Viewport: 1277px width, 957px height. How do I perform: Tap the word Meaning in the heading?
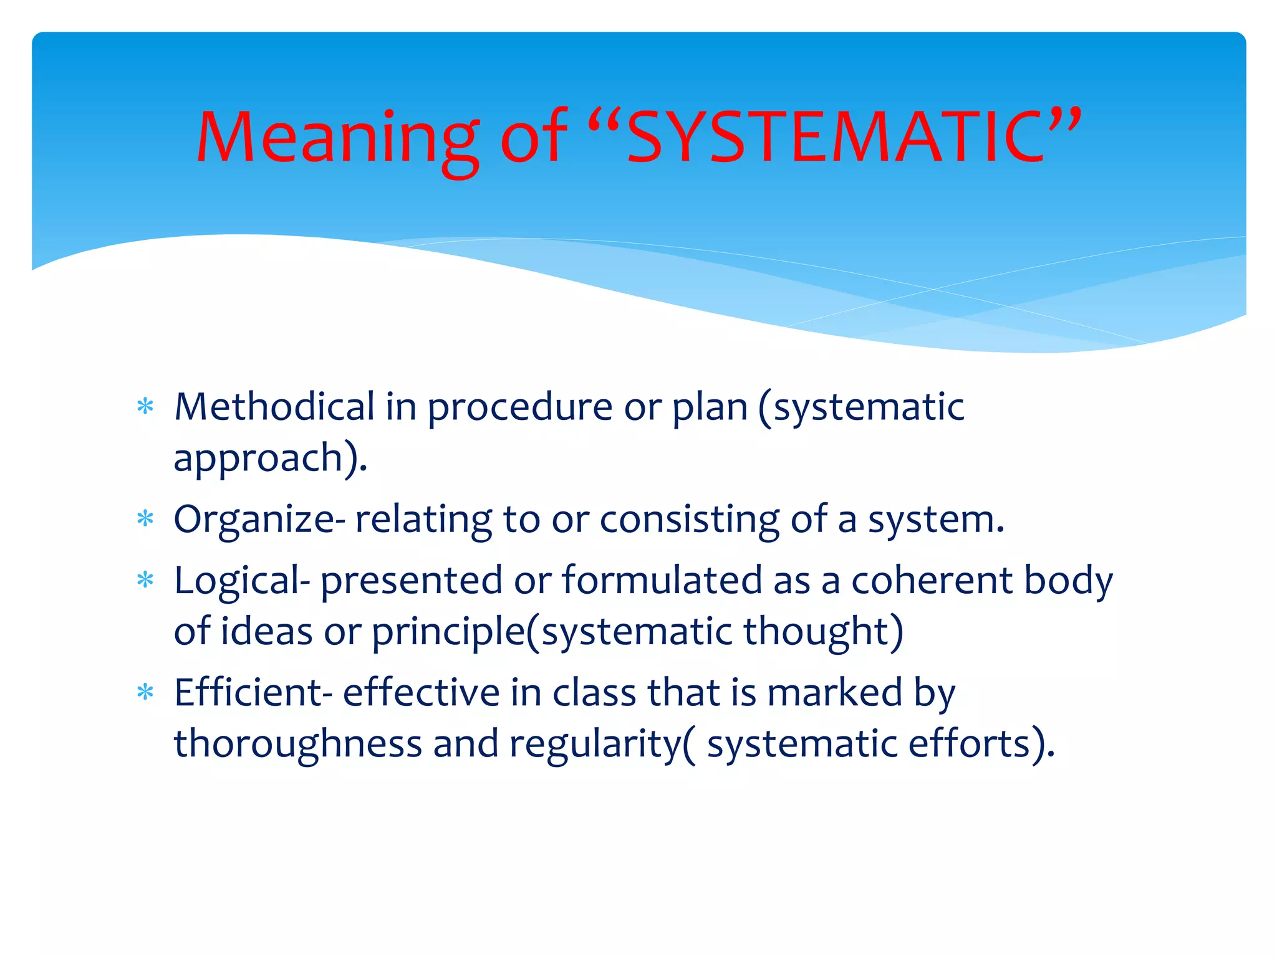(x=337, y=138)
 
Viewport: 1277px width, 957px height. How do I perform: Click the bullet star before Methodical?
(x=145, y=407)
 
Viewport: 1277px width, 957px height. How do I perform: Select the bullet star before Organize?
(x=145, y=518)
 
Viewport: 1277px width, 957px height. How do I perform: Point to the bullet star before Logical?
(x=145, y=580)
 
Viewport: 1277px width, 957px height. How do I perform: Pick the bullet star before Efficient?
(x=145, y=692)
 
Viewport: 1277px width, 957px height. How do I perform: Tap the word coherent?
(x=932, y=581)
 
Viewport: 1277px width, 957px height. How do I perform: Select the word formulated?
(x=662, y=581)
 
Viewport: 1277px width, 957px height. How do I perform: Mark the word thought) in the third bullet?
(x=823, y=632)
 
